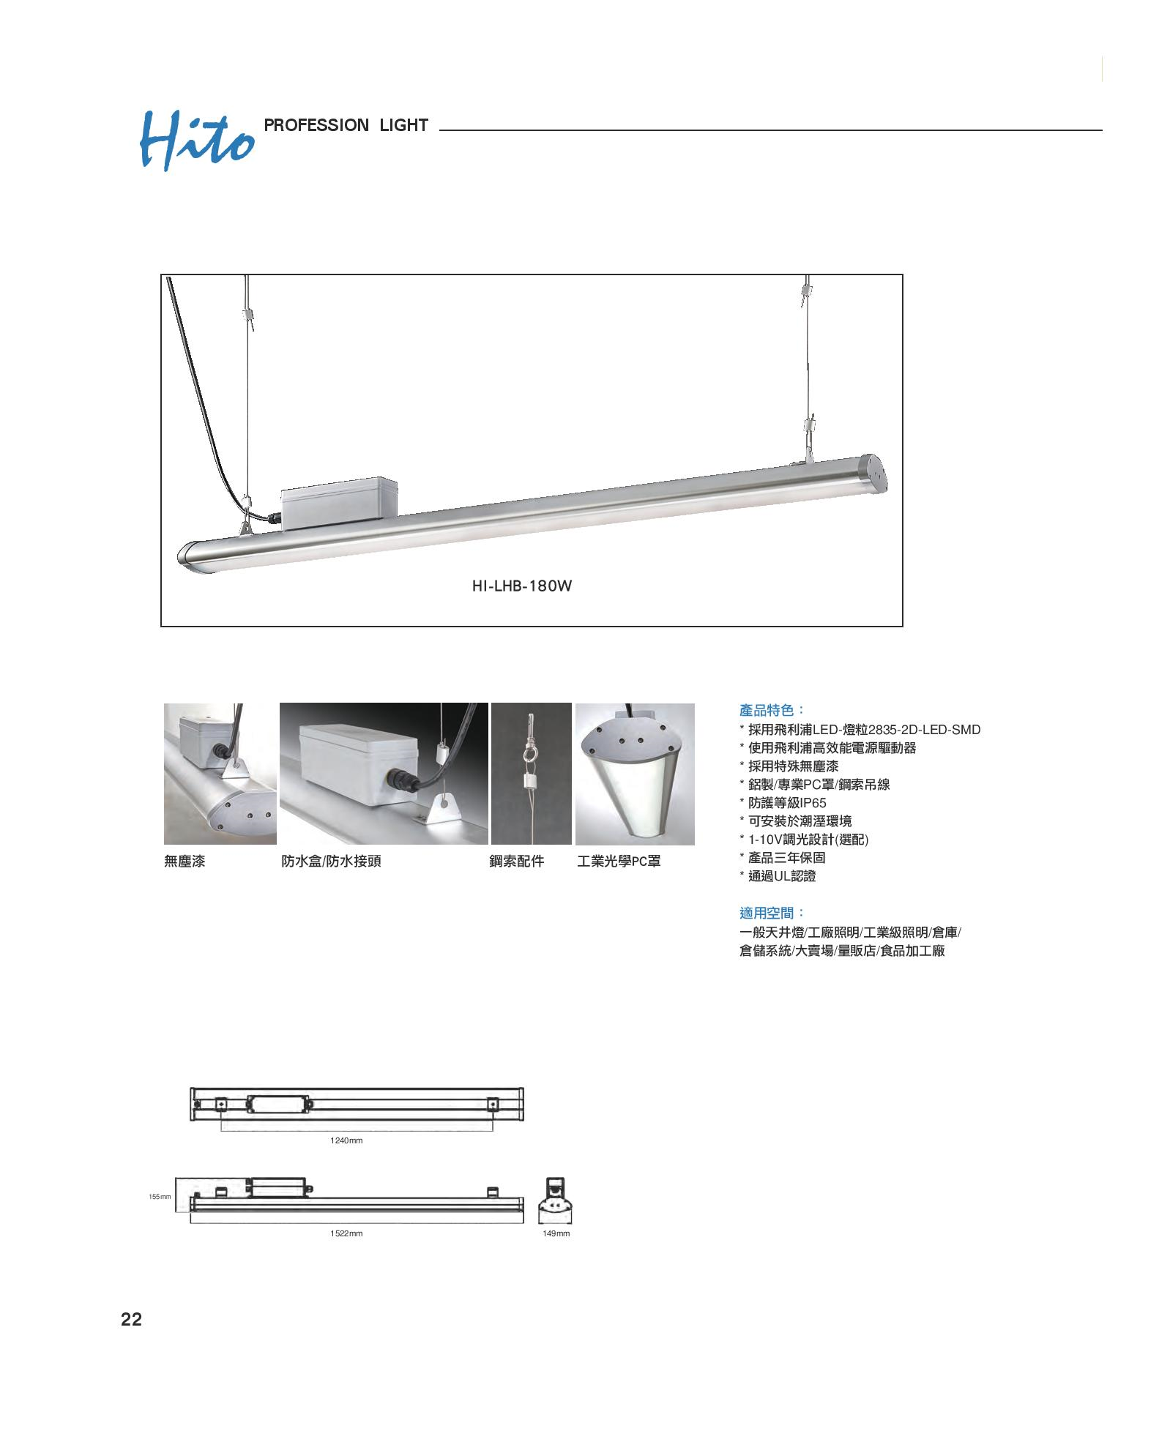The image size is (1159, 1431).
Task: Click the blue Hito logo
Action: pos(196,141)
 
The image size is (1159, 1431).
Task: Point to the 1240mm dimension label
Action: pos(346,1140)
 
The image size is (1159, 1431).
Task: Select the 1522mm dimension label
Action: pos(346,1233)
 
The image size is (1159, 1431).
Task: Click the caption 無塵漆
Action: pos(185,862)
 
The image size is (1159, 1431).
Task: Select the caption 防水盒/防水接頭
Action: pos(331,862)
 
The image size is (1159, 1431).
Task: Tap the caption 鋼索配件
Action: pos(517,862)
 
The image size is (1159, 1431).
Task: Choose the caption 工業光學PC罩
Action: pos(619,862)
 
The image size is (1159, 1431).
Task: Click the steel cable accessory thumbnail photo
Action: pos(531,774)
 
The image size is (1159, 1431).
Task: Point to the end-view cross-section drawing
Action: pos(556,1200)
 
